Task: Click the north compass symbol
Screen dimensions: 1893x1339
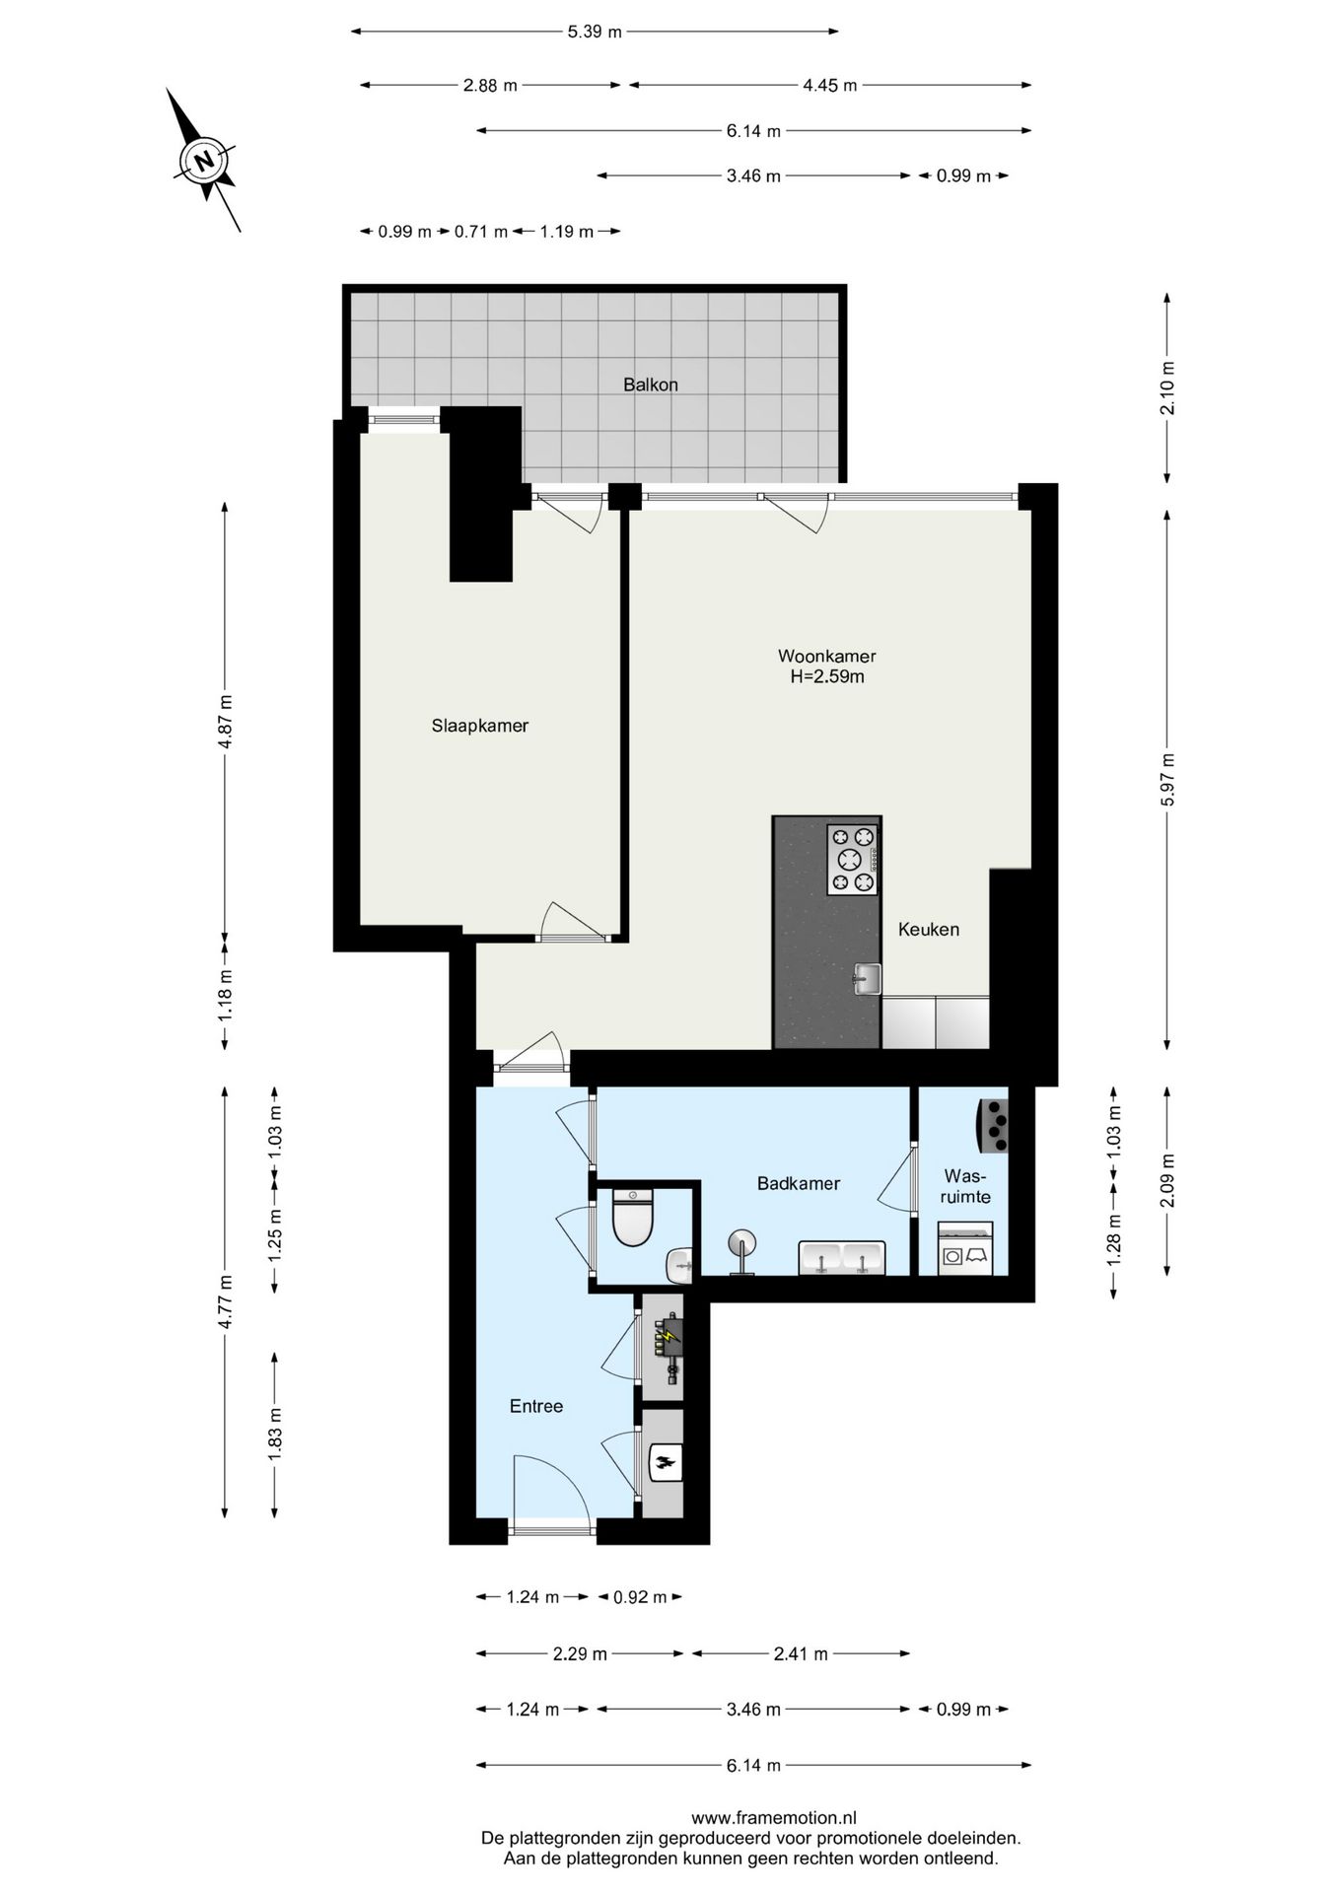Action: click(x=204, y=160)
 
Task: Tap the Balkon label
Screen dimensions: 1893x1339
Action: click(x=650, y=386)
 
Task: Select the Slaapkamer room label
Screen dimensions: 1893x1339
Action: click(x=480, y=726)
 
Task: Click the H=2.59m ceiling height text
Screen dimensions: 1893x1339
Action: click(x=826, y=676)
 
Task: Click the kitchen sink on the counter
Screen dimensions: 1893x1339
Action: click(x=867, y=980)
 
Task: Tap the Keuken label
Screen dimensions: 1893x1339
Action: click(x=928, y=929)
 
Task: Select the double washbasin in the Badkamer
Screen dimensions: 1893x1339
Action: click(x=841, y=1259)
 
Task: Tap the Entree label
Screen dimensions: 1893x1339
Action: click(x=535, y=1406)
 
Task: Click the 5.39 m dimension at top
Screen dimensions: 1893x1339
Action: click(x=595, y=32)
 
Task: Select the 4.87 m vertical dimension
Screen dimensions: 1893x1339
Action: click(x=225, y=722)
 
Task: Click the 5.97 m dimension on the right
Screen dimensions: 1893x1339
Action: click(x=1167, y=780)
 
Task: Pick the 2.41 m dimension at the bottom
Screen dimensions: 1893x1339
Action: click(x=800, y=1653)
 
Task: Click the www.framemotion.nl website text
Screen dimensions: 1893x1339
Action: click(x=773, y=1818)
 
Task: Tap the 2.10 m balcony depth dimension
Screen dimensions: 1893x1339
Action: click(x=1167, y=387)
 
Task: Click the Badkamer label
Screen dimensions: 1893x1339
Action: click(x=798, y=1183)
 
